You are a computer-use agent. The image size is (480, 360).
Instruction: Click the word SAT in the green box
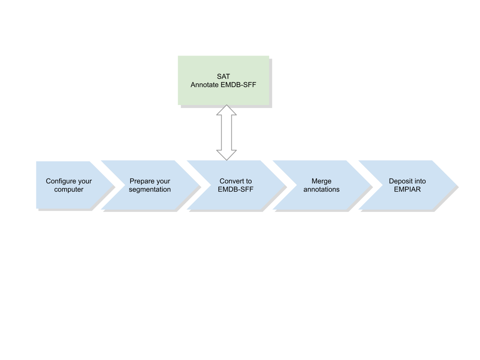coord(223,76)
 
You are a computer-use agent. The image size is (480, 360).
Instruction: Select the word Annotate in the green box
coord(204,85)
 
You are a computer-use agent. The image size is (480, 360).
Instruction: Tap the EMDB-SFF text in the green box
coord(238,85)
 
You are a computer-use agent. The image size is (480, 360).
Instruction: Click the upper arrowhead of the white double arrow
coord(226,110)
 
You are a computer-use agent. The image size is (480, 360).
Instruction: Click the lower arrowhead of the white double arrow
coord(226,154)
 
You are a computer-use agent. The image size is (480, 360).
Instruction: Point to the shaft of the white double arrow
coord(226,132)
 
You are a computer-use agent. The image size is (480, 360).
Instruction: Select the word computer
coord(69,189)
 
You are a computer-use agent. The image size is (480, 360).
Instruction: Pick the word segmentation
coord(150,189)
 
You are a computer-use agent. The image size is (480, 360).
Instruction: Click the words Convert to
coord(235,181)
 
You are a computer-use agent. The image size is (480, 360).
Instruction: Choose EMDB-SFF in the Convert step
coord(235,189)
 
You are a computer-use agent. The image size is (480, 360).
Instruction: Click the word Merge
coord(321,181)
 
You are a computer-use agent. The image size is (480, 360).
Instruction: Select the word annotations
coord(321,189)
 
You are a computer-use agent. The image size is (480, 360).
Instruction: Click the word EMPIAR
coord(407,189)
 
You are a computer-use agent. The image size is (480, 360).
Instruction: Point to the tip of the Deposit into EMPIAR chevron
coord(457,186)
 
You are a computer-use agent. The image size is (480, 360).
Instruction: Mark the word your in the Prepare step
coord(162,181)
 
